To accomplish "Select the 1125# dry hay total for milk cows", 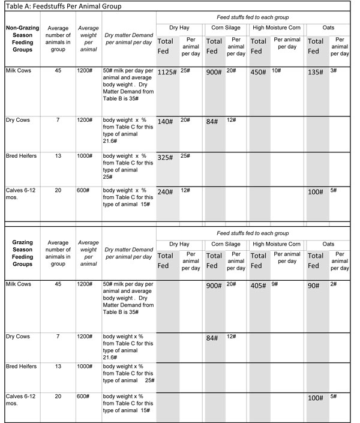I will (x=166, y=72).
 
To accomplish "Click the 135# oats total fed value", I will (x=316, y=72).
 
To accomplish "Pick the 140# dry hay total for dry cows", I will (x=165, y=121).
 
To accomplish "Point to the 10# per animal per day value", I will (x=276, y=70).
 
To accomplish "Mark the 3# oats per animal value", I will (x=334, y=70).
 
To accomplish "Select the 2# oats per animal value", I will (x=334, y=284).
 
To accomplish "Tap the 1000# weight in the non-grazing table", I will (x=85, y=155).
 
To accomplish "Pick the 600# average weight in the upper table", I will (x=83, y=190).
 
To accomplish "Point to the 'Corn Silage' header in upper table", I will (x=223, y=28).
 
